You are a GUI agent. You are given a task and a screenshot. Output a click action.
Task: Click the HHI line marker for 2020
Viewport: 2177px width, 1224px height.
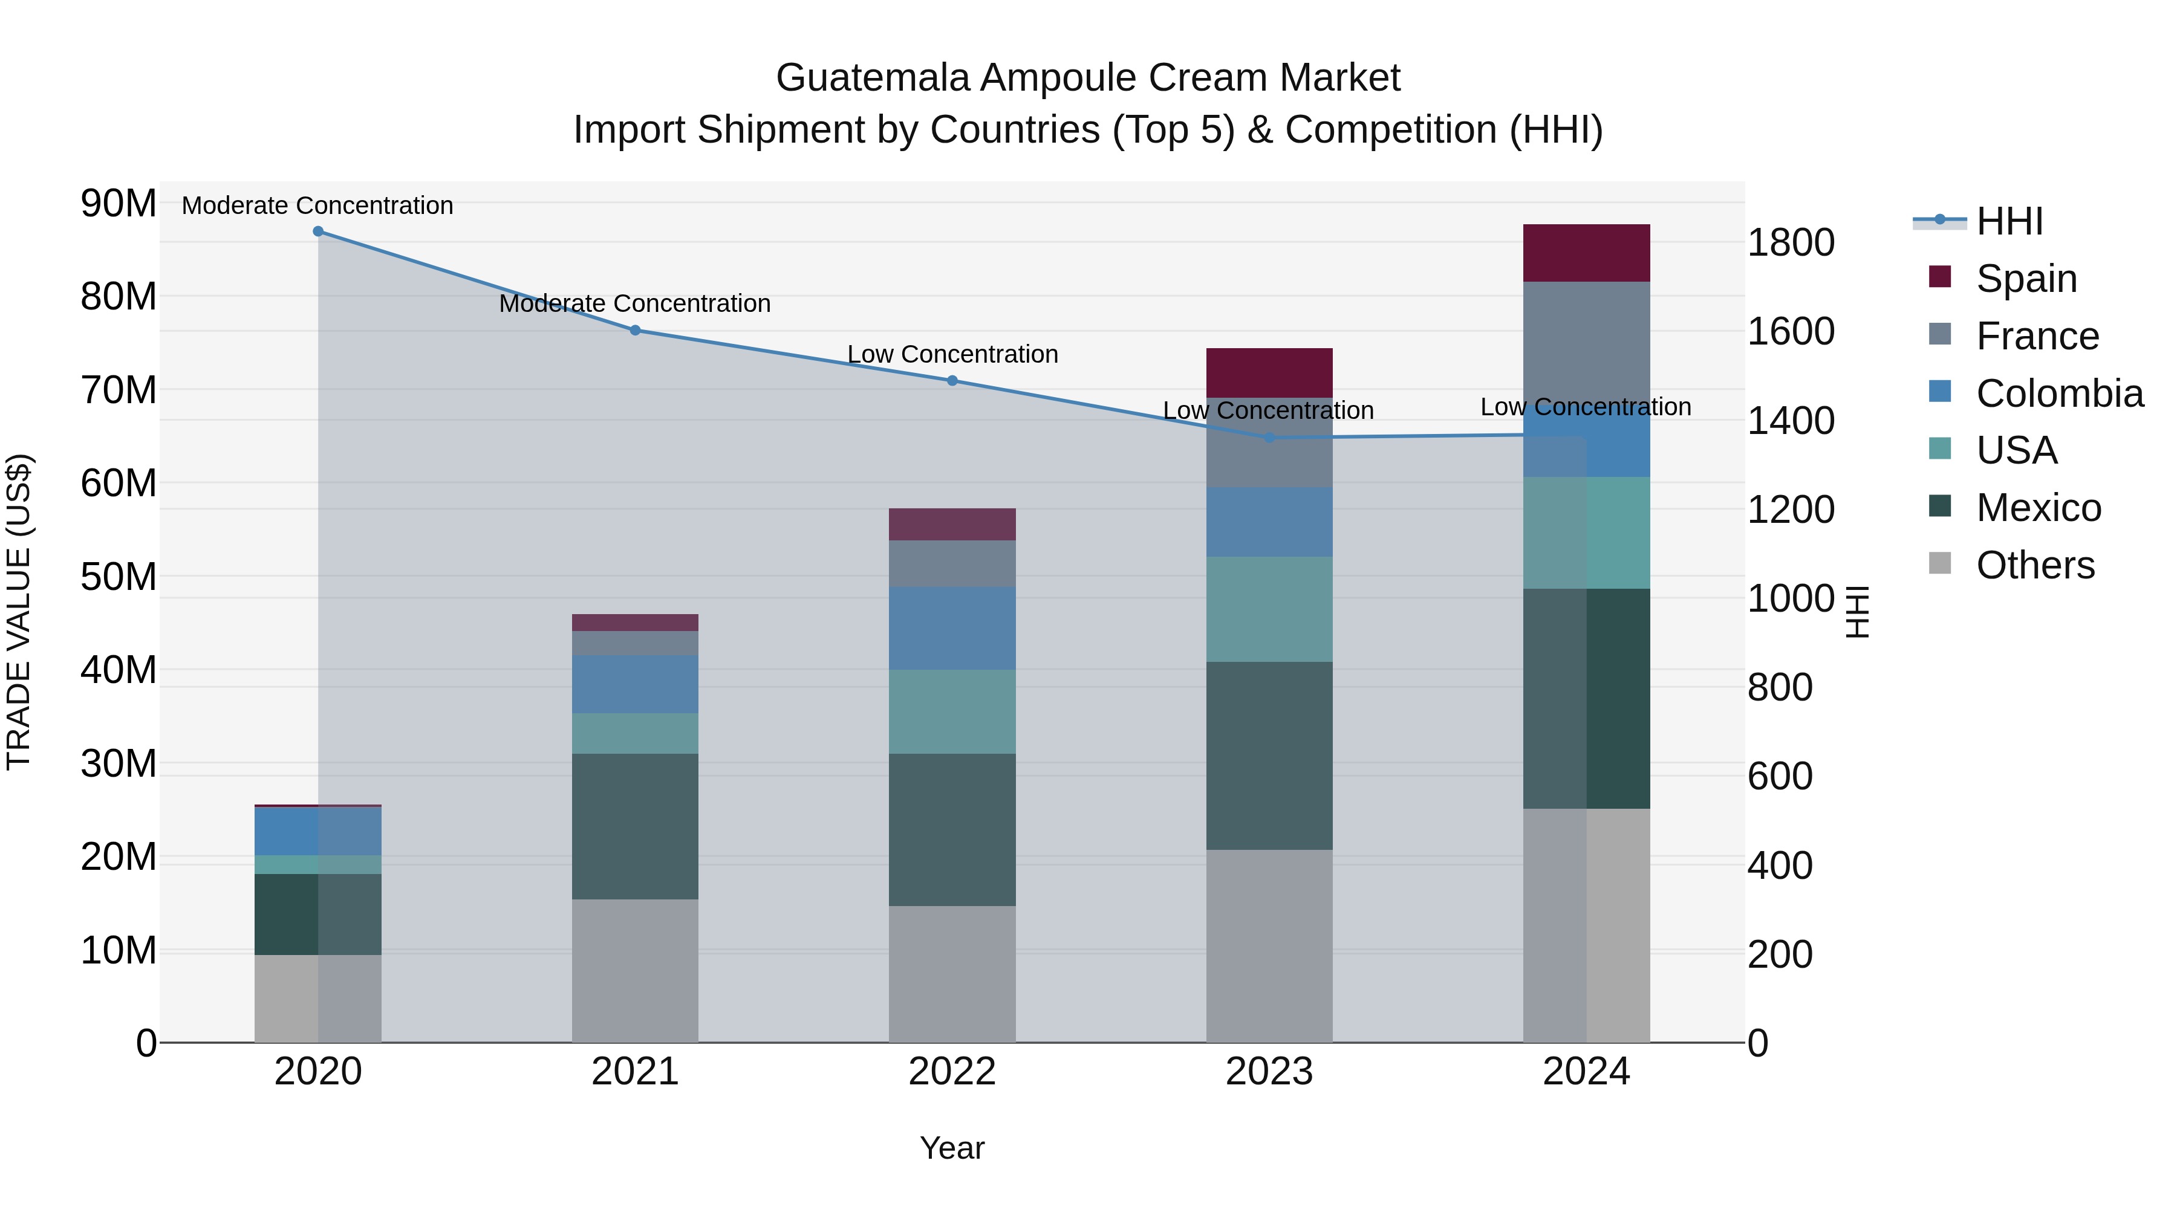click(317, 232)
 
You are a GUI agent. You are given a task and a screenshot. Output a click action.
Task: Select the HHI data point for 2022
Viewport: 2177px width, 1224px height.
click(952, 381)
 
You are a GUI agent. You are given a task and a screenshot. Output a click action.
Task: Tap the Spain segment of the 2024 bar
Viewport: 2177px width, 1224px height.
click(1586, 253)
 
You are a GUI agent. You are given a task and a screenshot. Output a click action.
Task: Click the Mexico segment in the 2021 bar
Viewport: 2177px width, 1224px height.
click(635, 826)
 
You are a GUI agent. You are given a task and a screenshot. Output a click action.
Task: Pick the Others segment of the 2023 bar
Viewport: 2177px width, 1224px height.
click(1269, 946)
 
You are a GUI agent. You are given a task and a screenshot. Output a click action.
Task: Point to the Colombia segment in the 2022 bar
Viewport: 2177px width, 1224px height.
click(952, 629)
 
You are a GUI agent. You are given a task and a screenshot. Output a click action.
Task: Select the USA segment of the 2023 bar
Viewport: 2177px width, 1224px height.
click(1269, 609)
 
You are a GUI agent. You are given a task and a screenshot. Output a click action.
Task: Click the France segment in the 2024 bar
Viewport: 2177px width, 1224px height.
click(1586, 338)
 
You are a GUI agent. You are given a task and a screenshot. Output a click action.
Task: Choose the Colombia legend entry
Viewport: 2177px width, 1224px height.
click(2058, 393)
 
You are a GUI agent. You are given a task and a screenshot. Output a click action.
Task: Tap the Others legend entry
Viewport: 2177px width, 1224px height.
click(2034, 565)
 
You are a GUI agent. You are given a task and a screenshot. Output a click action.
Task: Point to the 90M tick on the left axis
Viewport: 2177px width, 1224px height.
click(119, 204)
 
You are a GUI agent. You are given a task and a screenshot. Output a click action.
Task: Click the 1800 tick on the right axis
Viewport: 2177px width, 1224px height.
click(1790, 242)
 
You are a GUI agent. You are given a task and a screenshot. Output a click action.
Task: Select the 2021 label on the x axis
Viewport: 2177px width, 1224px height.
click(635, 1072)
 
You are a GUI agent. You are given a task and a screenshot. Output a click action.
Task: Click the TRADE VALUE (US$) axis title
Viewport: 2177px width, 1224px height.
click(19, 612)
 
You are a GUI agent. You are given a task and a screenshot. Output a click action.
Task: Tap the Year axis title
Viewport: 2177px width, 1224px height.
click(952, 1148)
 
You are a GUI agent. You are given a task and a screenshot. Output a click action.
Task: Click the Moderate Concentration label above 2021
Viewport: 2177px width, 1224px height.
click(635, 303)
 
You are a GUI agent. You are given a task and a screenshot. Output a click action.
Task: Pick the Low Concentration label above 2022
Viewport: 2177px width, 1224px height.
click(952, 354)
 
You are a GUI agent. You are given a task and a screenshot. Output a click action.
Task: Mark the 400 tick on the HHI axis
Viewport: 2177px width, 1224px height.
click(1779, 866)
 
